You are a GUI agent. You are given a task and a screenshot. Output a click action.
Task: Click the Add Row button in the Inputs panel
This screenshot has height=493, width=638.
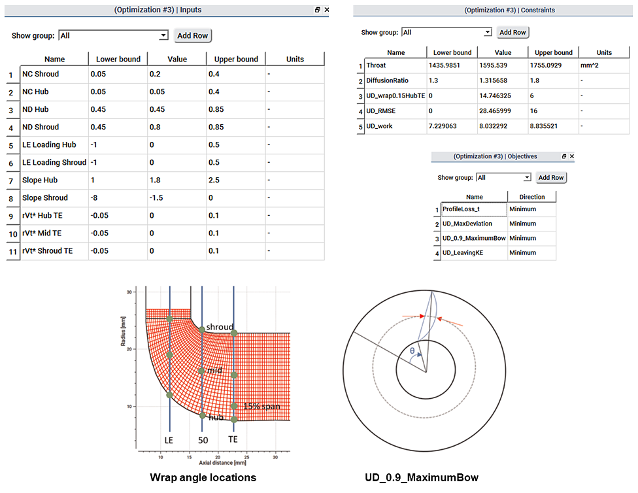[x=193, y=35]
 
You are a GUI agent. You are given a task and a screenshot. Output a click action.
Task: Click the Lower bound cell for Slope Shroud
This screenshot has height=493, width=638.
[x=118, y=197]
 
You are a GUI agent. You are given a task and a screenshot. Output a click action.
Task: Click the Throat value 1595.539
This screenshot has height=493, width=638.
[x=503, y=65]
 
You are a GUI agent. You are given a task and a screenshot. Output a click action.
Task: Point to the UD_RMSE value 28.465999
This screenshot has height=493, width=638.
[x=503, y=110]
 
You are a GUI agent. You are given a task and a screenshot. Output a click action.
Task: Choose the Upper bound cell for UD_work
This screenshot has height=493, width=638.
[x=554, y=126]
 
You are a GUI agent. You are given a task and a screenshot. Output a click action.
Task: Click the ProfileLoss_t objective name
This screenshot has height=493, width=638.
[x=474, y=209]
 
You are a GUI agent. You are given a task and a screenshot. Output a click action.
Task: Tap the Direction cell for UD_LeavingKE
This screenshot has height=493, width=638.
[x=531, y=253]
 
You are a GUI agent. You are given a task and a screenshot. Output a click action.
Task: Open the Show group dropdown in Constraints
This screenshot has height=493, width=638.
[x=446, y=32]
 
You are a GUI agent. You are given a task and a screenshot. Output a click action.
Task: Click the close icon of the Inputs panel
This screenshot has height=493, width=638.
[x=327, y=10]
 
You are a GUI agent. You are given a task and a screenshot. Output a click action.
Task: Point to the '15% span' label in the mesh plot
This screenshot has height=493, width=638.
[x=261, y=406]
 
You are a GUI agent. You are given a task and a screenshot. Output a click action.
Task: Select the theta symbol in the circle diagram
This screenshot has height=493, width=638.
[x=412, y=351]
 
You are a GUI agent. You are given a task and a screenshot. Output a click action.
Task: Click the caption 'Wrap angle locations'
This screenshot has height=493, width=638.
[x=203, y=477]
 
